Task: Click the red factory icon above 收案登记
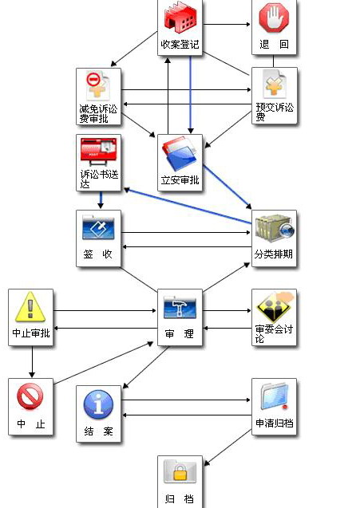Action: [180, 19]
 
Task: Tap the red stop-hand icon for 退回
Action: [274, 18]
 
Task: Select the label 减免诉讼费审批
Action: [98, 114]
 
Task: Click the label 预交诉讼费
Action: [275, 112]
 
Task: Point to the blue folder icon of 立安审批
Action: [180, 154]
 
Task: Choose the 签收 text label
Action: [97, 254]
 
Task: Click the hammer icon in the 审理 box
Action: [180, 306]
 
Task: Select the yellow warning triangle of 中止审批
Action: [30, 306]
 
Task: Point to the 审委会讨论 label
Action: [274, 333]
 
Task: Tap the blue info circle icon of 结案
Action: [98, 404]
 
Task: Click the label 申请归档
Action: [275, 423]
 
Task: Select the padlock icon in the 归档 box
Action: [180, 473]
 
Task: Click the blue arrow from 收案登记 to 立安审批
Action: [191, 95]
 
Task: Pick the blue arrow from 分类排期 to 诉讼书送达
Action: [188, 206]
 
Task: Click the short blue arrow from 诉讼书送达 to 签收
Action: [101, 200]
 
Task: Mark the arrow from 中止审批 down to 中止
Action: [32, 362]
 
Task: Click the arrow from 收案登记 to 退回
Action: [227, 24]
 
